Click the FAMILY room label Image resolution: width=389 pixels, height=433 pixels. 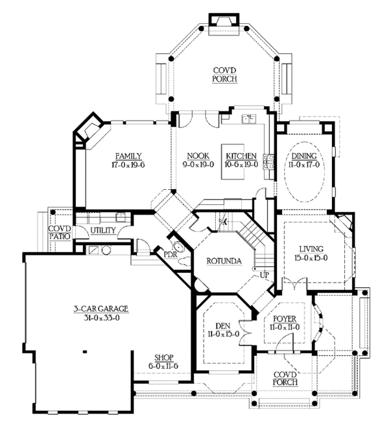point(128,156)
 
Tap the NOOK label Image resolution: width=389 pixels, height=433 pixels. point(198,156)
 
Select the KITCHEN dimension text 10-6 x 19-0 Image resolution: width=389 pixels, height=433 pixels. point(241,165)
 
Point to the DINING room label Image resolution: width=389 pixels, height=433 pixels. point(304,156)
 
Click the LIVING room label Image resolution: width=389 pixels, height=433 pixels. point(311,249)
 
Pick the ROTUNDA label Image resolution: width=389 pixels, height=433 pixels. point(224,261)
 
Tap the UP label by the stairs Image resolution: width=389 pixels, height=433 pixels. point(265,275)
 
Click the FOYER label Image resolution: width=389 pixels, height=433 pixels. point(285,319)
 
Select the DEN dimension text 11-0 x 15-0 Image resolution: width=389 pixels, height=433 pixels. point(223,334)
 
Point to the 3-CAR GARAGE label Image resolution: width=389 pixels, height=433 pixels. point(101,309)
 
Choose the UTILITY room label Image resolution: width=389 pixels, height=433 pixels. point(103,230)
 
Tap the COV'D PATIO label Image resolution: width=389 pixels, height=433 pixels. point(60,233)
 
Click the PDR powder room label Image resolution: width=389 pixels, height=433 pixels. point(171,254)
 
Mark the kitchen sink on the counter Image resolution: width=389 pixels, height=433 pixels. point(249,119)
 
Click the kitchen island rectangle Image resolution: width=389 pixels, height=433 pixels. point(233,161)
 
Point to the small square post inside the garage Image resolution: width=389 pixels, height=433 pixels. point(85,351)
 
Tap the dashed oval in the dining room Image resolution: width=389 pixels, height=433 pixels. point(304,172)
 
